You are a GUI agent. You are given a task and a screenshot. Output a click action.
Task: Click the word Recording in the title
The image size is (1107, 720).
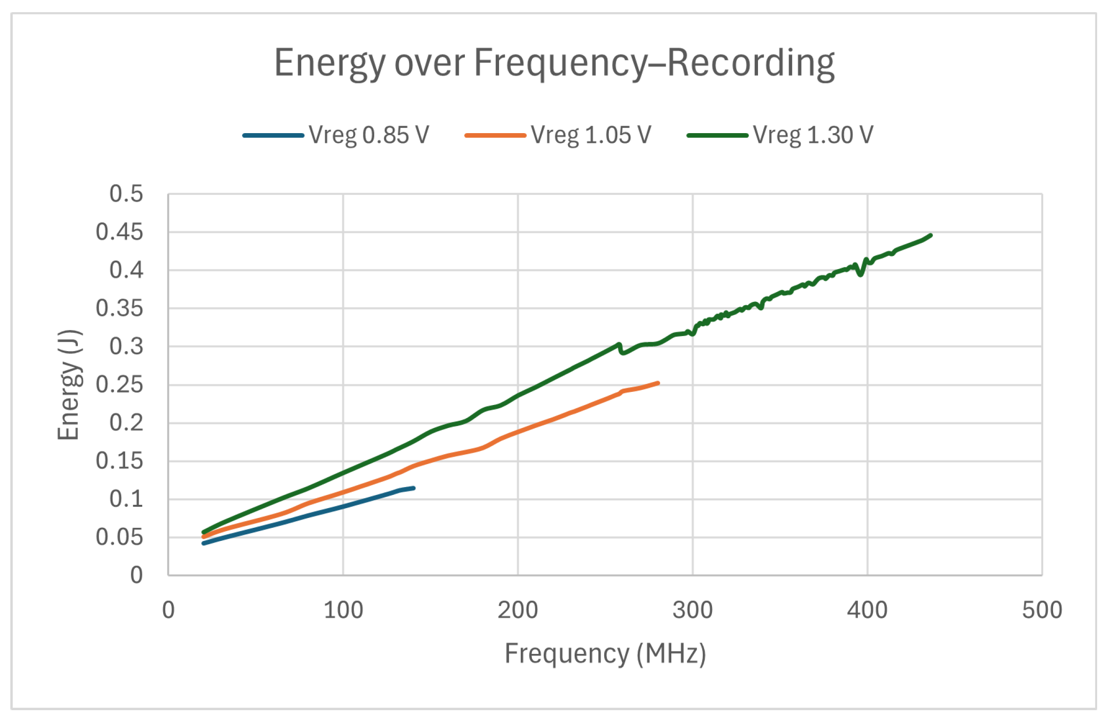click(x=751, y=63)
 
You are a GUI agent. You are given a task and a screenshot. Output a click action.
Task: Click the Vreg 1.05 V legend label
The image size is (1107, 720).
click(x=591, y=135)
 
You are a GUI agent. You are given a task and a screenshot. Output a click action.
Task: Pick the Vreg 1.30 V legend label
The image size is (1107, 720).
click(x=813, y=135)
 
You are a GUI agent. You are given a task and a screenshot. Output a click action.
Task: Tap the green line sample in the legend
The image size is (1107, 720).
click(x=717, y=135)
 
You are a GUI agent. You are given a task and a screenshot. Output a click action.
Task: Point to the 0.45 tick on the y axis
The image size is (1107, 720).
click(x=119, y=232)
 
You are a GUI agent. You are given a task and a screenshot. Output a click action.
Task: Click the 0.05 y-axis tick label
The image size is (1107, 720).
click(x=119, y=537)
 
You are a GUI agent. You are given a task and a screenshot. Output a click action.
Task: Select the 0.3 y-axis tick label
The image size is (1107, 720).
click(x=126, y=347)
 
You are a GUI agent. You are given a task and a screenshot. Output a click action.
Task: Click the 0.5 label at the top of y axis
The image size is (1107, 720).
click(x=126, y=194)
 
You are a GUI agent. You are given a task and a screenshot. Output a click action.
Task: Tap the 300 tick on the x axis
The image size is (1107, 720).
click(x=692, y=611)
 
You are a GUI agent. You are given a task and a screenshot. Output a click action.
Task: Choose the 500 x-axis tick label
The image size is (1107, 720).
click(x=1042, y=611)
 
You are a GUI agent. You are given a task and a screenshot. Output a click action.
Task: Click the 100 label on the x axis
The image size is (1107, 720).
click(x=343, y=611)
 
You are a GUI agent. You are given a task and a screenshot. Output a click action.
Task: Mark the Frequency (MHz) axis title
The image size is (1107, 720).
click(x=605, y=654)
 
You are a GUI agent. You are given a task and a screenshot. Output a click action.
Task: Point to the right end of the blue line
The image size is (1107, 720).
click(x=413, y=488)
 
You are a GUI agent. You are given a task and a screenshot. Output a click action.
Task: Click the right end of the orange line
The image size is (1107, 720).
click(x=658, y=383)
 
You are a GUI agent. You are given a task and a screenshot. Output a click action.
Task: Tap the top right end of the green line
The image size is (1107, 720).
click(x=931, y=235)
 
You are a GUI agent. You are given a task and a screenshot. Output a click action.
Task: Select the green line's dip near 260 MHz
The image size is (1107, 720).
click(x=622, y=352)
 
